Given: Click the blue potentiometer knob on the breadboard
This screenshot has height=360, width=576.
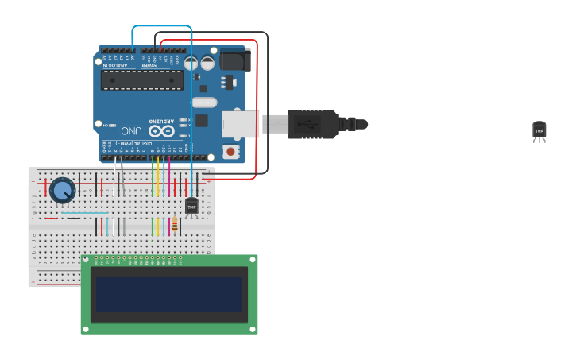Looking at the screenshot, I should pyautogui.click(x=62, y=191).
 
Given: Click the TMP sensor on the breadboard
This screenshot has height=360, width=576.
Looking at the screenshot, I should pyautogui.click(x=191, y=207).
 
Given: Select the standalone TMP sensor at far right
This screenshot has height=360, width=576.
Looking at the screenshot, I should pyautogui.click(x=539, y=130).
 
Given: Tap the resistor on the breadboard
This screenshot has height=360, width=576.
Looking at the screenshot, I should pyautogui.click(x=175, y=226).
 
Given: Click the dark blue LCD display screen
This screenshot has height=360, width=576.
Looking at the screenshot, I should pyautogui.click(x=168, y=294).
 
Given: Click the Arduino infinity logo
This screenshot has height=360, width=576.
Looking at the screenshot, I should pyautogui.click(x=160, y=130).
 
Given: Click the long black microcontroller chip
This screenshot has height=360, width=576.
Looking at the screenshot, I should pyautogui.click(x=141, y=79).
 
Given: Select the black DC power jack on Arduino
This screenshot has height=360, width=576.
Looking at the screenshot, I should pyautogui.click(x=234, y=60).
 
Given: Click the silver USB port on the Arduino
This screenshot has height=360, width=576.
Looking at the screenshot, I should pyautogui.click(x=239, y=125).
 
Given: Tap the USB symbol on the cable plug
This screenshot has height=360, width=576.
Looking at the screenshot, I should pyautogui.click(x=306, y=124).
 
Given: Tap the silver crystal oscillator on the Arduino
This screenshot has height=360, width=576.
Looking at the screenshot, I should pyautogui.click(x=204, y=102).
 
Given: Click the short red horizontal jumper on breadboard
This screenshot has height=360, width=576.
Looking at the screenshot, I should pyautogui.click(x=51, y=218).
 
